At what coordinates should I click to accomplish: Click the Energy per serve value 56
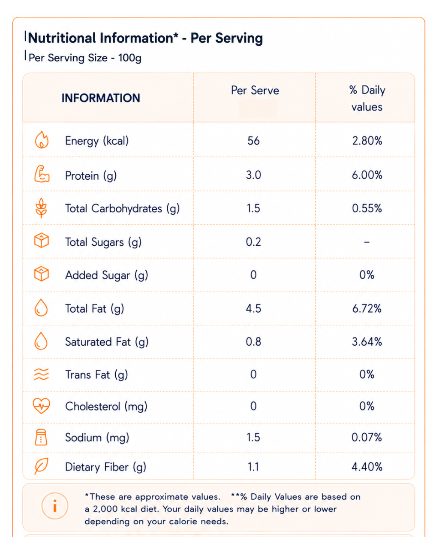tap(253, 141)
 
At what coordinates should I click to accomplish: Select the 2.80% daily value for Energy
tap(367, 141)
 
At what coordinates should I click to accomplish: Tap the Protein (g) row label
tap(91, 176)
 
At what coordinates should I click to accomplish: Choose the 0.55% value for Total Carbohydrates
tap(367, 208)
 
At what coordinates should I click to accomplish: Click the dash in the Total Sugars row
tap(367, 242)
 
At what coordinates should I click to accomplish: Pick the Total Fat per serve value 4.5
tap(253, 308)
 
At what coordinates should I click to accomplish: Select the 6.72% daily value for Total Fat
tap(367, 308)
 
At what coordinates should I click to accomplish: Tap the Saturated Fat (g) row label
tap(107, 342)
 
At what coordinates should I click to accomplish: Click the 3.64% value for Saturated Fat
tap(367, 341)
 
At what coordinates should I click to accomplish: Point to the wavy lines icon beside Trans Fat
tap(41, 374)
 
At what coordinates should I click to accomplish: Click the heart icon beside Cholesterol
tap(41, 406)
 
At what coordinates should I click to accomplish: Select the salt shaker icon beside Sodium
tap(41, 437)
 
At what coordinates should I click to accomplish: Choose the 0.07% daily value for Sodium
tap(367, 437)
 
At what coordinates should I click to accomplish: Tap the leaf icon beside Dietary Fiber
tap(41, 466)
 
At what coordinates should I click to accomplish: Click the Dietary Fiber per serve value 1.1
tap(253, 467)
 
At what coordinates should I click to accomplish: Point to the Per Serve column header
tap(255, 90)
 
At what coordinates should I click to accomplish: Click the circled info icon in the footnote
tap(54, 506)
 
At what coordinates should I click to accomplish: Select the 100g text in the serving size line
tap(129, 58)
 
